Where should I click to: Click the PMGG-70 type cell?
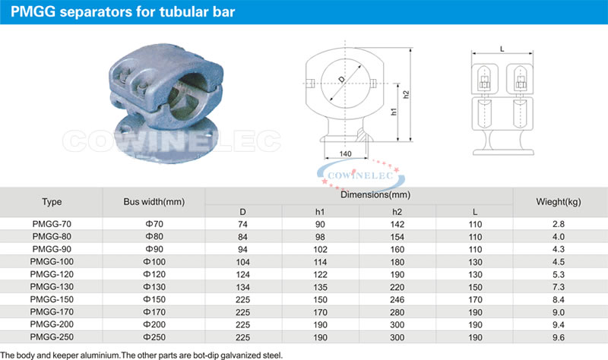[x=52, y=224]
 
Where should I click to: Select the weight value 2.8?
[x=559, y=224]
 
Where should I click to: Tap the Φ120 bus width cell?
[x=154, y=274]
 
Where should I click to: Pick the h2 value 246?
[x=397, y=299]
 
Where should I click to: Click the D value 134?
[x=242, y=287]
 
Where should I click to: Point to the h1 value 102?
[x=320, y=249]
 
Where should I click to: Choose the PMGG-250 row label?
[x=52, y=337]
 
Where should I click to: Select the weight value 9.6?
[x=559, y=337]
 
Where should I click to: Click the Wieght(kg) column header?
[x=559, y=202]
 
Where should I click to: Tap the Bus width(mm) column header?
[x=154, y=202]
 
